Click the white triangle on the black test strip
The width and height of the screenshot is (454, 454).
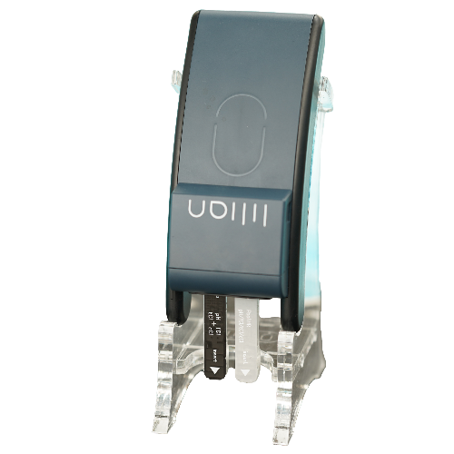(216, 370)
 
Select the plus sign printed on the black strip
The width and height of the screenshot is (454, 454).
(215, 315)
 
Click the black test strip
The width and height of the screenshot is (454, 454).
(216, 336)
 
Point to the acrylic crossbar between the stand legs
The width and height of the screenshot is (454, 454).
(232, 400)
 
